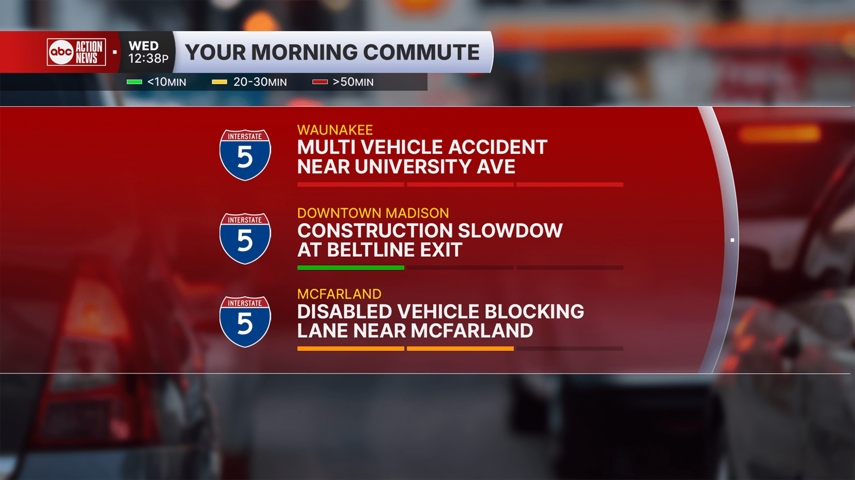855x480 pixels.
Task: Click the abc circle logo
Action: [x=61, y=52]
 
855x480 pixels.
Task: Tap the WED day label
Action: [x=143, y=46]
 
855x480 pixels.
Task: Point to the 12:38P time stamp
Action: [x=148, y=58]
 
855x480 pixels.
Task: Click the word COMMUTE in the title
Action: [x=421, y=52]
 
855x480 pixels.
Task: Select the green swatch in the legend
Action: [x=134, y=82]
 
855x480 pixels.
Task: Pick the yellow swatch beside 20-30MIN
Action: [x=220, y=82]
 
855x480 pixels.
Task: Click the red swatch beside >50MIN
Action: [x=320, y=82]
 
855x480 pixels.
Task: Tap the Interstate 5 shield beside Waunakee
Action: [x=245, y=155]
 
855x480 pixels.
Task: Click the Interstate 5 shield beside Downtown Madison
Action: [x=245, y=238]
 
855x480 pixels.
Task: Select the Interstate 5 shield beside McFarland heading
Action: [x=245, y=322]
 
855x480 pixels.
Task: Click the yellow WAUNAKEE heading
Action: [x=335, y=130]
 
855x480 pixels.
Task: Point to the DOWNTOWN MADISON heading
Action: [x=373, y=213]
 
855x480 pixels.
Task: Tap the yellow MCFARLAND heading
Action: [x=339, y=294]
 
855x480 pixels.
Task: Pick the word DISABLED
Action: [x=344, y=312]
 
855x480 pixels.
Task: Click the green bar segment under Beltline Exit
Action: [x=351, y=268]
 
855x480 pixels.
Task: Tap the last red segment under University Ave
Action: [x=570, y=185]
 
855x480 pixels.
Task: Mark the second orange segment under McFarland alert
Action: [x=460, y=349]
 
